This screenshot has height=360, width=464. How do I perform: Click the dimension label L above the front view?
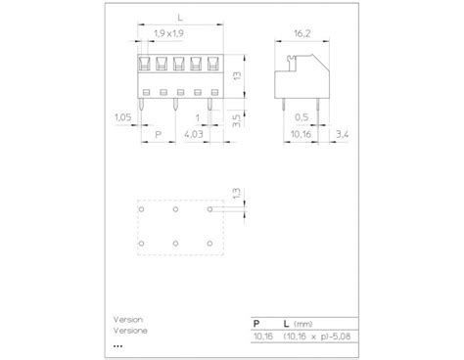pos(180,17)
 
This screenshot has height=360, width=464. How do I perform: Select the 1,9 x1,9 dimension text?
pos(168,33)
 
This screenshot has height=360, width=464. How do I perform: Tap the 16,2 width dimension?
pos(302,33)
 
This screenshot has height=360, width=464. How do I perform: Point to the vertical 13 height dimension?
pos(237,75)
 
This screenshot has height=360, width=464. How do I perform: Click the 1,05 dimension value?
pos(122,117)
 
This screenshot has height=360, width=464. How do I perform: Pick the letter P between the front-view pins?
pos(159,134)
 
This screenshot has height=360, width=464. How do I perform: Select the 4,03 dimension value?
pos(194,134)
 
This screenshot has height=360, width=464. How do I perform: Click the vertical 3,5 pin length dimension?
pos(237,120)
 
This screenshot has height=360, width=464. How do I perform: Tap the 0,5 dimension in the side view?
pos(302,117)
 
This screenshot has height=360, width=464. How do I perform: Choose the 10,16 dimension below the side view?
pos(301,134)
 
